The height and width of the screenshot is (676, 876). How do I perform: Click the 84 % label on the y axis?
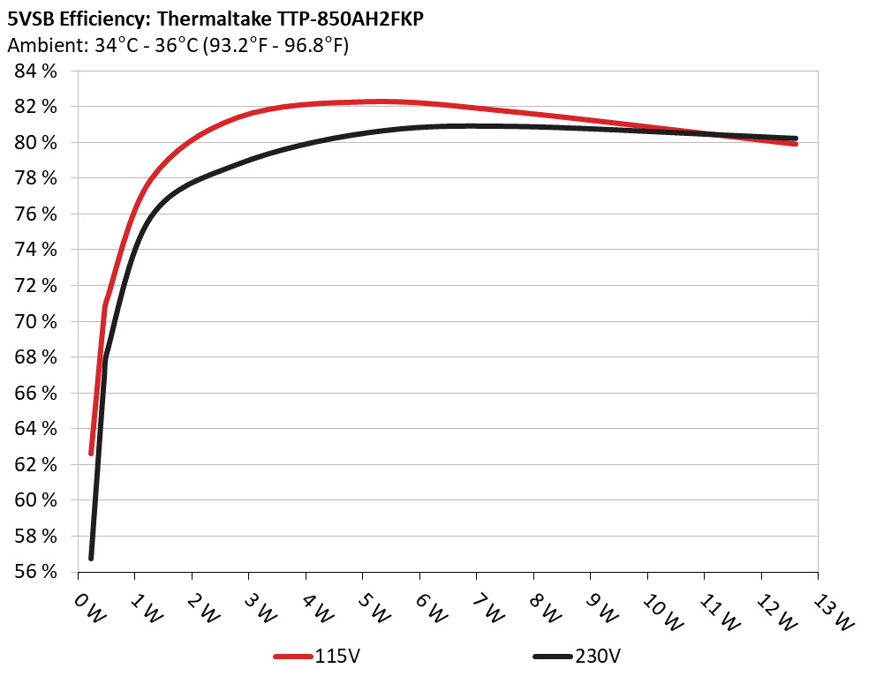click(x=36, y=71)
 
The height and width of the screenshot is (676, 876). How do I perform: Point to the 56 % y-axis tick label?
click(x=36, y=571)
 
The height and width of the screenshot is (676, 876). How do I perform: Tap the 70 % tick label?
click(x=36, y=321)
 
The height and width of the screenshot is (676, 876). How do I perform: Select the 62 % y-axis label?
click(x=36, y=464)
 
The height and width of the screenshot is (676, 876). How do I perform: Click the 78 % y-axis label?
click(x=36, y=178)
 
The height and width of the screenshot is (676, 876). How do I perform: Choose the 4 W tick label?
click(x=317, y=607)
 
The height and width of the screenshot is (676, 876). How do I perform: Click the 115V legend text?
click(x=336, y=657)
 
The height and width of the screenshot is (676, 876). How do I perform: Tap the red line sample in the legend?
click(x=292, y=657)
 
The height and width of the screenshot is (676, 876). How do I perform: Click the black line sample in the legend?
click(x=553, y=657)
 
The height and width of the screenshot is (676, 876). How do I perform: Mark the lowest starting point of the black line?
click(x=91, y=558)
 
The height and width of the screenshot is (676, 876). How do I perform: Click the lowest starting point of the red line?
click(x=91, y=453)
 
